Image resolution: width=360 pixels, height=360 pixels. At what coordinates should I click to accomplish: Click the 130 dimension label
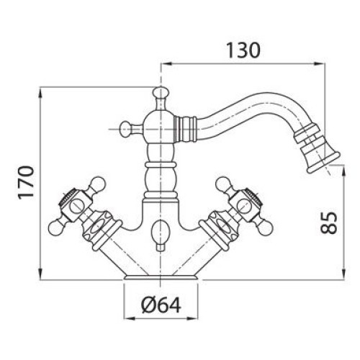click(x=243, y=50)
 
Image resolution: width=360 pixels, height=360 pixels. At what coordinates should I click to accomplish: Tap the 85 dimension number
click(x=329, y=223)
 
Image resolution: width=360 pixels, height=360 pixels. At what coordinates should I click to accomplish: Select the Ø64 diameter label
click(x=161, y=305)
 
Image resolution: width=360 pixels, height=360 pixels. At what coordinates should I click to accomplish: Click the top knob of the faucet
click(x=161, y=93)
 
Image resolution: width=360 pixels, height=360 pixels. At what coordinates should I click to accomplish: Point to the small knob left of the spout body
click(x=127, y=130)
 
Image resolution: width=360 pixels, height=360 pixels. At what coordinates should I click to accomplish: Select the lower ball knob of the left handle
click(x=56, y=227)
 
